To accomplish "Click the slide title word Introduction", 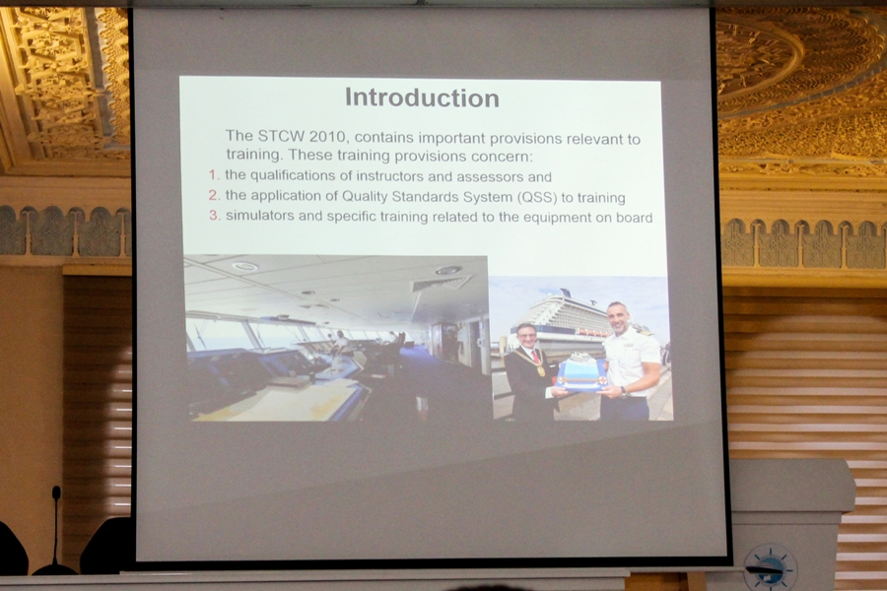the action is pyautogui.click(x=422, y=98).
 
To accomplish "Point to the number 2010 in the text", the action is pyautogui.click(x=327, y=137).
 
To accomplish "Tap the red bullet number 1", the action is pyautogui.click(x=212, y=174).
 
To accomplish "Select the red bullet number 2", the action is pyautogui.click(x=213, y=195).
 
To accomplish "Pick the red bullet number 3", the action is pyautogui.click(x=213, y=215).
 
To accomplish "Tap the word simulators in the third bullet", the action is pyautogui.click(x=260, y=216).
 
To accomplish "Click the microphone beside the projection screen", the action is pyautogui.click(x=55, y=530).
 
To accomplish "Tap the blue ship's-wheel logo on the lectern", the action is pyautogui.click(x=770, y=567).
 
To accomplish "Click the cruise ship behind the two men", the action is pyautogui.click(x=566, y=318).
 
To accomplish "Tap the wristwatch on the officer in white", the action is pyautogui.click(x=624, y=392).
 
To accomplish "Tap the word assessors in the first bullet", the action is pyautogui.click(x=489, y=177).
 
